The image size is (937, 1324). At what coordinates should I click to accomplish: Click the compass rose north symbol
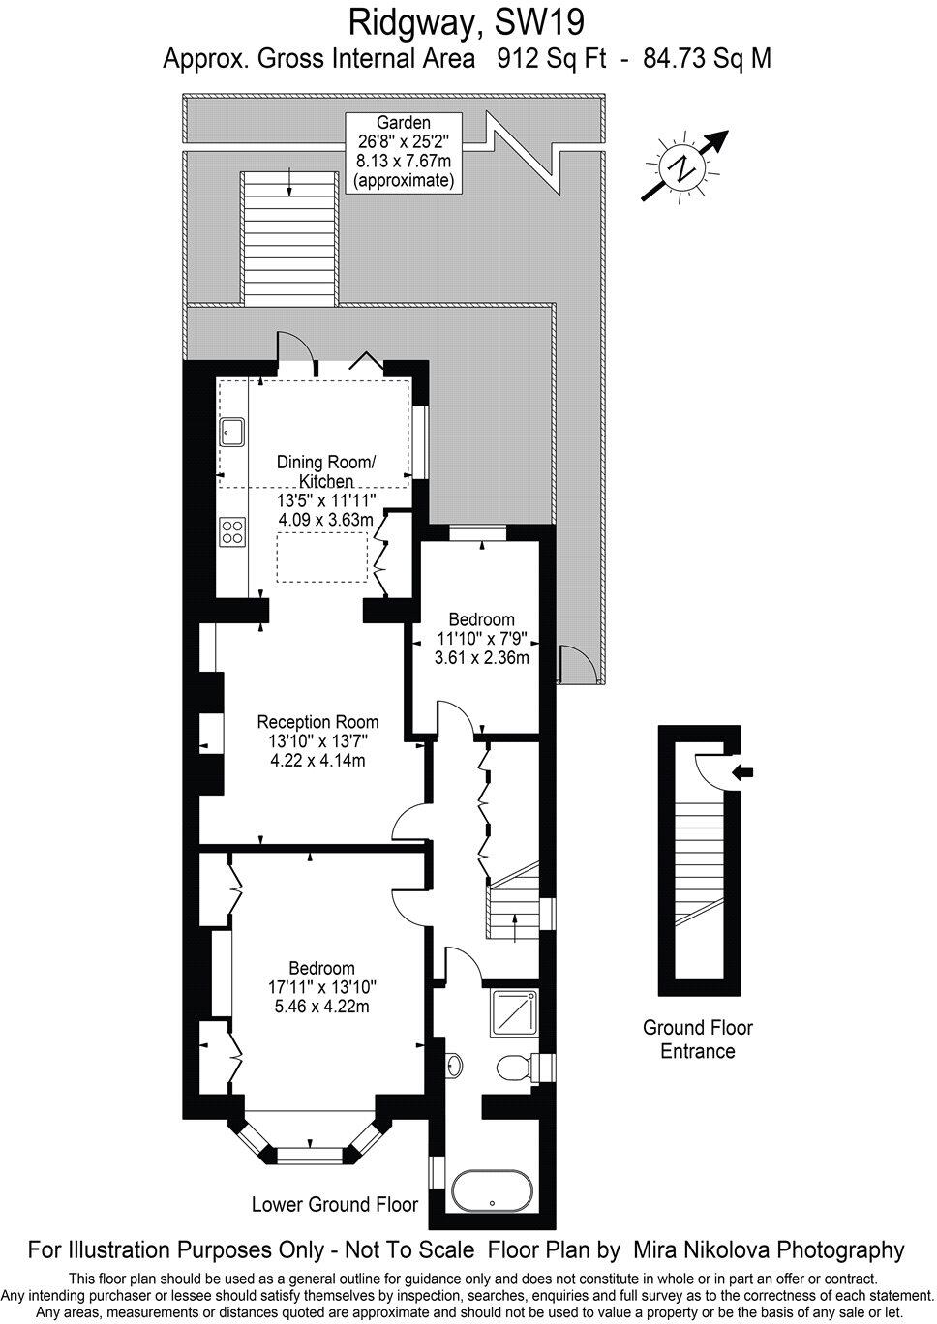pyautogui.click(x=685, y=166)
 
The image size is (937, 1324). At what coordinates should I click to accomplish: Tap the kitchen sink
pyautogui.click(x=232, y=432)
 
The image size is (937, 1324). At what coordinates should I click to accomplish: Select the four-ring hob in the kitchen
pyautogui.click(x=232, y=530)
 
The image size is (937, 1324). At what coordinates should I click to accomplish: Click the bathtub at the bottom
pyautogui.click(x=492, y=1190)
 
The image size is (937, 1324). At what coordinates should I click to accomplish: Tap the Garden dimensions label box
pyautogui.click(x=403, y=152)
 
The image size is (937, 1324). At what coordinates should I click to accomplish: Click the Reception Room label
pyautogui.click(x=317, y=722)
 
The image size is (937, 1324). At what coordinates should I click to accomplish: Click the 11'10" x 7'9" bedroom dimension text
pyautogui.click(x=481, y=639)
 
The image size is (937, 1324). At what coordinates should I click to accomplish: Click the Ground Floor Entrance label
pyautogui.click(x=698, y=1039)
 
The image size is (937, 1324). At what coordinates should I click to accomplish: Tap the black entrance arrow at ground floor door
pyautogui.click(x=744, y=771)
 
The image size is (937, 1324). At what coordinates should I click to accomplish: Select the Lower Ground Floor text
pyautogui.click(x=334, y=1205)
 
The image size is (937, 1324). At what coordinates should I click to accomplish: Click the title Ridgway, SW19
pyautogui.click(x=468, y=19)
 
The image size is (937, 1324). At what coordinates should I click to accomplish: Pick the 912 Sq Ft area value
pyautogui.click(x=551, y=58)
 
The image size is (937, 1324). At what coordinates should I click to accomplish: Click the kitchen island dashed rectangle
pyautogui.click(x=322, y=557)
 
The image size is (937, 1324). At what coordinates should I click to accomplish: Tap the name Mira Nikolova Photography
pyautogui.click(x=768, y=1249)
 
